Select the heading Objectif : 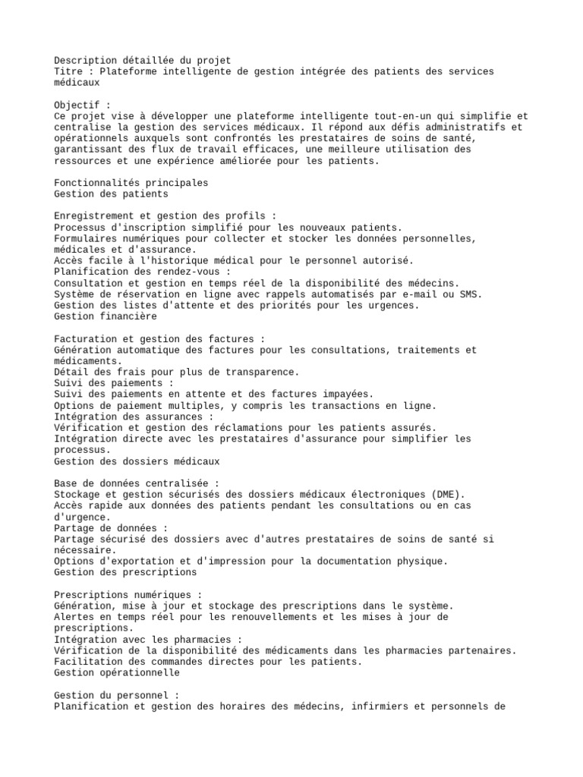point(83,105)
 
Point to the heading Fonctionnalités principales point(131,183)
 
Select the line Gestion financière point(106,316)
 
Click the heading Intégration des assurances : point(134,417)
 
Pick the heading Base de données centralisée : point(137,483)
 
